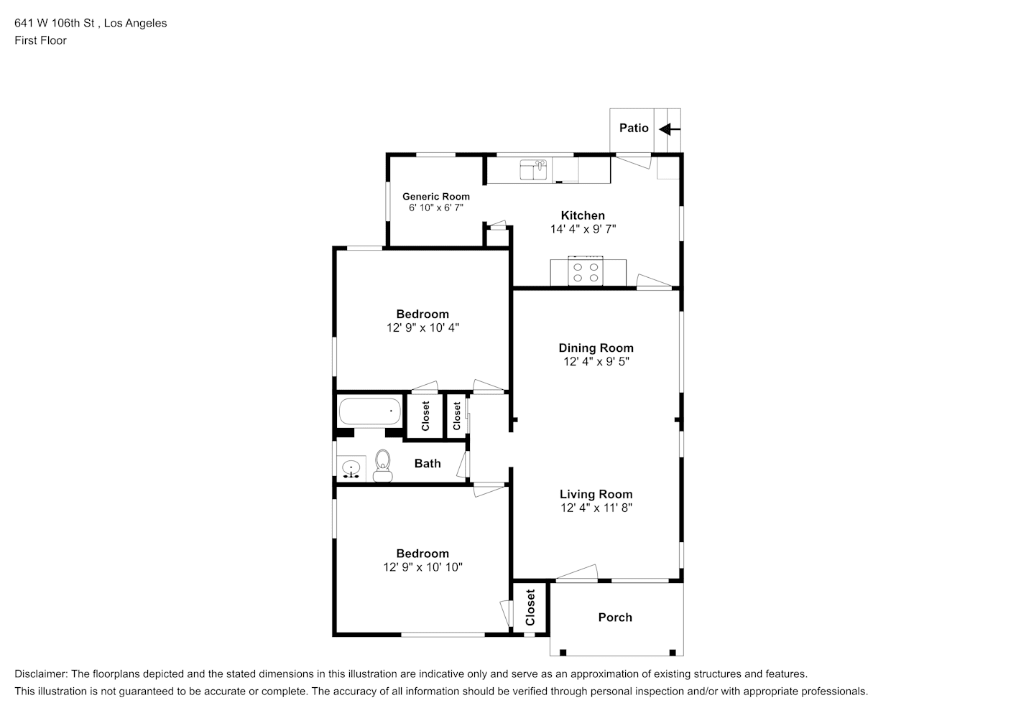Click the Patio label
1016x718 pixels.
pyautogui.click(x=634, y=129)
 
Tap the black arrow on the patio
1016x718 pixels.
pyautogui.click(x=670, y=130)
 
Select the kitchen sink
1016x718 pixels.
pyautogui.click(x=533, y=170)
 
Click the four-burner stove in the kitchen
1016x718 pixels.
pyautogui.click(x=586, y=271)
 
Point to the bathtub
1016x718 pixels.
pyautogui.click(x=369, y=411)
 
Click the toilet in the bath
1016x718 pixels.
pyautogui.click(x=383, y=465)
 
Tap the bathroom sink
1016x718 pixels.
pyautogui.click(x=351, y=469)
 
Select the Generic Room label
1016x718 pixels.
pyautogui.click(x=436, y=197)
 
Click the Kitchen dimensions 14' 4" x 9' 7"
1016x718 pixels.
pyautogui.click(x=583, y=229)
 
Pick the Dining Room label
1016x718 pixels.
pyautogui.click(x=596, y=348)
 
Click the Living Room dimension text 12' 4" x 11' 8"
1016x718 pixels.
pyautogui.click(x=596, y=508)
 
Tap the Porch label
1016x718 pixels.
pyautogui.click(x=615, y=617)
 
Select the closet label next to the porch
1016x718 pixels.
pyautogui.click(x=530, y=607)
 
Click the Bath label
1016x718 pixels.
pyautogui.click(x=428, y=463)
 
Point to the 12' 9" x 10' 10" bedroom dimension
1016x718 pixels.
pyautogui.click(x=422, y=567)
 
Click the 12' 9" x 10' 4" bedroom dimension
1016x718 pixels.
pyautogui.click(x=422, y=327)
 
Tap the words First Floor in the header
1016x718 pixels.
pyautogui.click(x=40, y=40)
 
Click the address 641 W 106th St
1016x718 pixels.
pyautogui.click(x=55, y=23)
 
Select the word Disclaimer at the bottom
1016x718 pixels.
pyautogui.click(x=40, y=674)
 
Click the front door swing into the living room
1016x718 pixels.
pyautogui.click(x=577, y=572)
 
